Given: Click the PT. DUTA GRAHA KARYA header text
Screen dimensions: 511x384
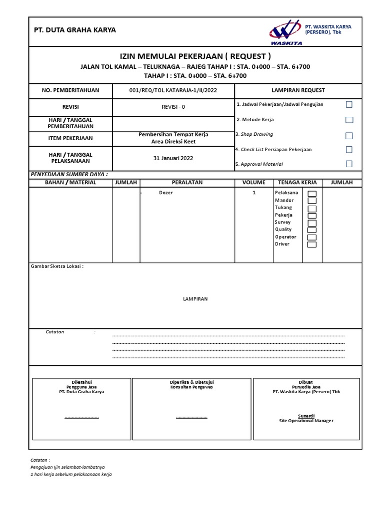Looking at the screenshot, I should (74, 30).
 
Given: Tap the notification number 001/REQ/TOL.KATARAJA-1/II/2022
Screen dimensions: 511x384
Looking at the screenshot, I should (173, 90).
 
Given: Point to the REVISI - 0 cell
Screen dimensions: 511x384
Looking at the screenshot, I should (173, 107).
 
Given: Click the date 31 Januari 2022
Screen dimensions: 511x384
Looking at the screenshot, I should (173, 158).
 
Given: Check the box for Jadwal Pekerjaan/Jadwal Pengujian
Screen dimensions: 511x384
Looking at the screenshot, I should (349, 104).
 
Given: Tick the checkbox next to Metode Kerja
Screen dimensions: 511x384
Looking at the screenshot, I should (349, 120).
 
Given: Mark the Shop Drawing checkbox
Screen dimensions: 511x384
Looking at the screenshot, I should (349, 135).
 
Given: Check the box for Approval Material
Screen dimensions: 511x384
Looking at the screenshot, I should (349, 164).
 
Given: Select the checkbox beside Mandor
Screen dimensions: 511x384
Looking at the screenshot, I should (311, 201).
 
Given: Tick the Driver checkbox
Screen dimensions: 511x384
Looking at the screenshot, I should (311, 245).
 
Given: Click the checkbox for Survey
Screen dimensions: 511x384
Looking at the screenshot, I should (311, 223).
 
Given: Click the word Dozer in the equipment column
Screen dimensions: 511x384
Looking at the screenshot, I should (165, 193).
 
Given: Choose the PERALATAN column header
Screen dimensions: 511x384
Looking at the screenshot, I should (187, 183).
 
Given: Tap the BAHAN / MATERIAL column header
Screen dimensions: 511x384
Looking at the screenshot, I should (70, 183).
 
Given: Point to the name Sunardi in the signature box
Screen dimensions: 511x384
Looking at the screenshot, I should (306, 415).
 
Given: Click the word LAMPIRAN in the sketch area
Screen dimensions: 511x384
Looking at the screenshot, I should (195, 299).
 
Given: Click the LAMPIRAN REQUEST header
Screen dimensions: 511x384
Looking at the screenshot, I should (298, 90).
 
